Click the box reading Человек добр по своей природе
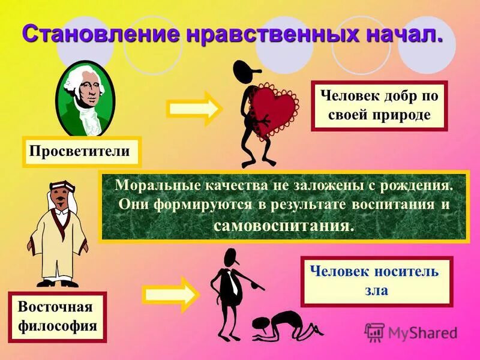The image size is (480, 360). click(379, 106)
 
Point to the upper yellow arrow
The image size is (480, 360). click(193, 108)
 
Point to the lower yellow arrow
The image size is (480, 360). click(169, 294)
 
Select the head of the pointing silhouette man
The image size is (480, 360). click(230, 258)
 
